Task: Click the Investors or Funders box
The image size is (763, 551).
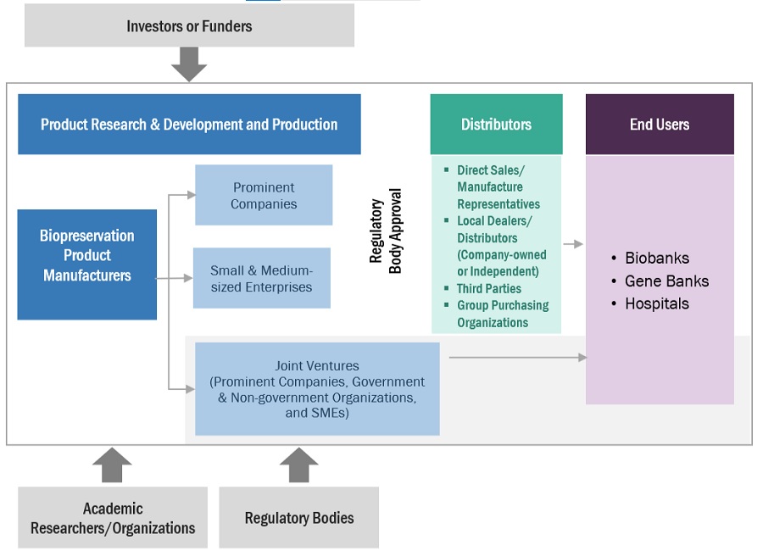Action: [189, 25]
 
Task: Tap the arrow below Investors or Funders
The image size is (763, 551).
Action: [189, 64]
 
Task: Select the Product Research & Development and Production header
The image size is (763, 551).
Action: [189, 125]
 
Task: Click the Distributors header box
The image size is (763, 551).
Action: [496, 125]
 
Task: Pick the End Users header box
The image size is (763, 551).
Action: [660, 125]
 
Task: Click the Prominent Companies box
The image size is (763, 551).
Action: [264, 195]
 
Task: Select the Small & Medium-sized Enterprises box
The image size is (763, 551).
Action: [261, 278]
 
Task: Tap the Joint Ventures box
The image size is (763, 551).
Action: [317, 389]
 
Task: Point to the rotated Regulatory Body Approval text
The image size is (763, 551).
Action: [385, 231]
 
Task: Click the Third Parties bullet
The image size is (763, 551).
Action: [489, 288]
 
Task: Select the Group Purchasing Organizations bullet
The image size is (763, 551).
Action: [502, 314]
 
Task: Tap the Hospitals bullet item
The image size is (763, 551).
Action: [657, 303]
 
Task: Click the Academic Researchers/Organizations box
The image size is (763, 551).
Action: [113, 518]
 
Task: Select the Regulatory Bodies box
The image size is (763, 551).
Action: [299, 518]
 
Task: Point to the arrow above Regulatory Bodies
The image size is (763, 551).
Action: [299, 465]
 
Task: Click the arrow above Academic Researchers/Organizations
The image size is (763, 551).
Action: [112, 465]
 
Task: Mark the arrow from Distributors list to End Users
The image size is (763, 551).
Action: [573, 244]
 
